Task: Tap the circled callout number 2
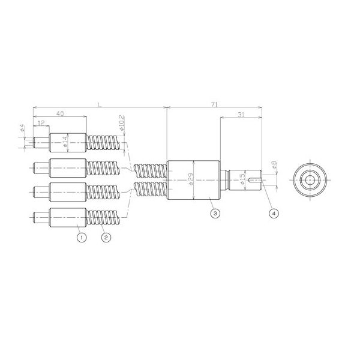click(x=105, y=237)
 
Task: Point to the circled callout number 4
click(x=274, y=212)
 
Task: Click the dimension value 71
click(x=214, y=104)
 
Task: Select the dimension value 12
click(x=41, y=123)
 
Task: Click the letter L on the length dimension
click(x=100, y=104)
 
